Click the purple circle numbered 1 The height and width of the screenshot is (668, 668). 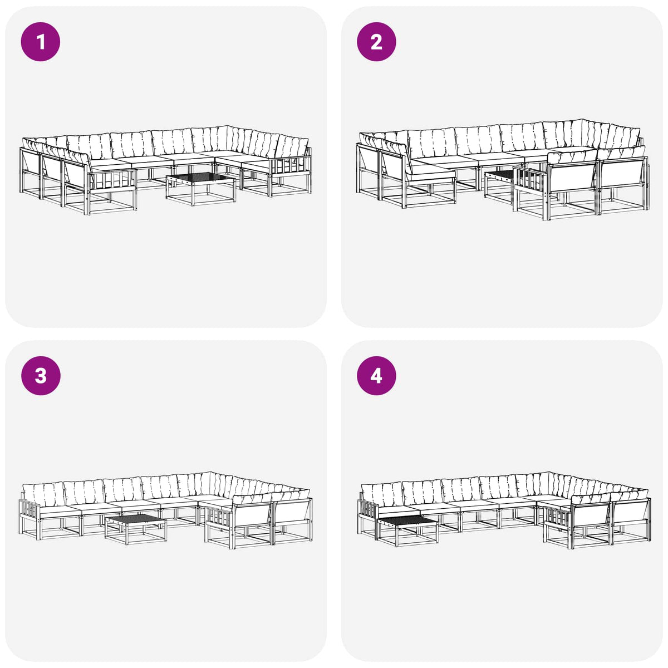(41, 42)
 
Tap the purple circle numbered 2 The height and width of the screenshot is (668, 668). (376, 42)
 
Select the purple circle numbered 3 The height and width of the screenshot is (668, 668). (41, 376)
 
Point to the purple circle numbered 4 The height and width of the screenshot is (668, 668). (376, 376)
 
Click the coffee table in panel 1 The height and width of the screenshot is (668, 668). (201, 189)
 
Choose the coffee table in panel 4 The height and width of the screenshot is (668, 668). (407, 531)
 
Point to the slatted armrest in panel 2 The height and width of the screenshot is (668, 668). (530, 180)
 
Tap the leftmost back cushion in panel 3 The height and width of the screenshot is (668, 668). (43, 494)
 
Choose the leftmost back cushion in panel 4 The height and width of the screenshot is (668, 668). (382, 494)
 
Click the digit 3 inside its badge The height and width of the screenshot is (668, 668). (41, 376)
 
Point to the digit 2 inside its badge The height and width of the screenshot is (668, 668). (376, 42)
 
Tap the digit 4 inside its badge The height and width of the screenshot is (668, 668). (376, 376)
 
